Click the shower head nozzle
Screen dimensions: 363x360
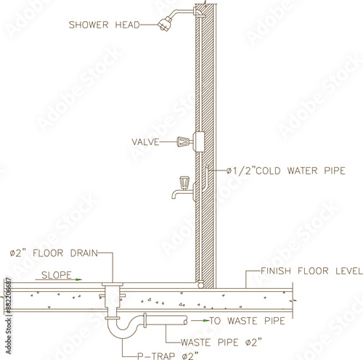tap(165, 24)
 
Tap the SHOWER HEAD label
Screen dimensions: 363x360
tap(105, 25)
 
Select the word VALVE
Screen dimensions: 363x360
tap(145, 142)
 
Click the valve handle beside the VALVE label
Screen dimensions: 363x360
tap(183, 142)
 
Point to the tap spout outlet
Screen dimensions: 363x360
tap(174, 196)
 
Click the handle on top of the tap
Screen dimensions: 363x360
tap(184, 182)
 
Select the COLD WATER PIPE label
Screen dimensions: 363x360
tap(285, 171)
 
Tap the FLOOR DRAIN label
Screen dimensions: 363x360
tap(54, 253)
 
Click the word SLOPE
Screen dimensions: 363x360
tap(57, 275)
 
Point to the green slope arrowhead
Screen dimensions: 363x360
tap(78, 279)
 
